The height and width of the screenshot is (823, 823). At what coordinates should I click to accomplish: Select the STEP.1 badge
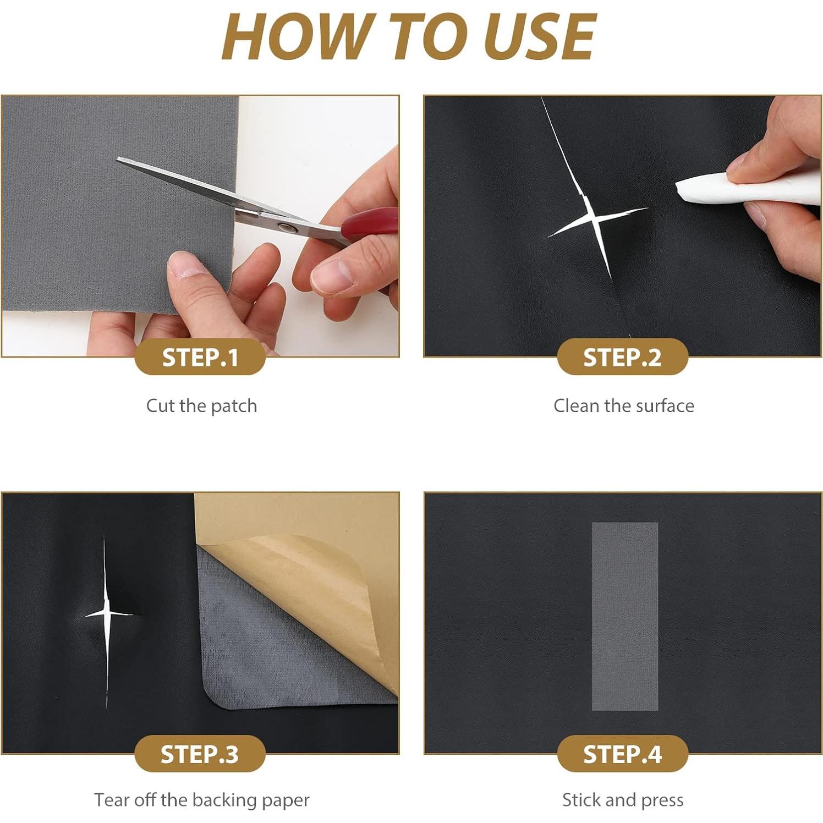click(x=200, y=358)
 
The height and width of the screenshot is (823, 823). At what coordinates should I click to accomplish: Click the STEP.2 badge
click(x=622, y=358)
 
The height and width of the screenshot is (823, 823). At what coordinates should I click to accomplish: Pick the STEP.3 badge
click(x=200, y=754)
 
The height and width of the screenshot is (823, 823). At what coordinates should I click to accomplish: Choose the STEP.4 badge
click(x=622, y=754)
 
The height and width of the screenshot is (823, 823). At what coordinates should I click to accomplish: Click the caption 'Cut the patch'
click(x=201, y=406)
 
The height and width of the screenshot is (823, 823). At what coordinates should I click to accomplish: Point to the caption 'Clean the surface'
click(x=624, y=406)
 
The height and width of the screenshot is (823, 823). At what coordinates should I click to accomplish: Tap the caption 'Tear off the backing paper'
click(x=201, y=800)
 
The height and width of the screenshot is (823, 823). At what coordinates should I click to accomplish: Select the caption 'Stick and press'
click(x=623, y=800)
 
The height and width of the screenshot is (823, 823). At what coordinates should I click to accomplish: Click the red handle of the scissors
click(x=370, y=222)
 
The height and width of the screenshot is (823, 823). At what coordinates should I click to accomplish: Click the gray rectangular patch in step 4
click(x=625, y=616)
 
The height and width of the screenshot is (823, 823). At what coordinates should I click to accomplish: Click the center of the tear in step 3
click(x=107, y=612)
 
